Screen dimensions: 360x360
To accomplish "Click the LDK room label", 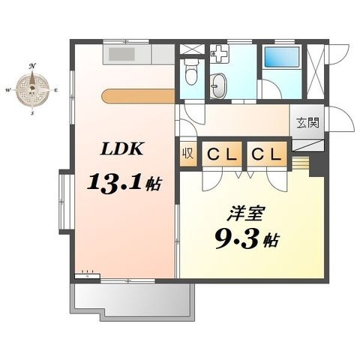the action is click(121, 149).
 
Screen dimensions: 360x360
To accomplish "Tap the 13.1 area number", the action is click(115, 184).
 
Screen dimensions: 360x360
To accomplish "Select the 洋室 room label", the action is click(245, 214).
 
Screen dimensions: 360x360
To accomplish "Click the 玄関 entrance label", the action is click(308, 123).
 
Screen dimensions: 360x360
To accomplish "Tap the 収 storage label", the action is click(188, 154).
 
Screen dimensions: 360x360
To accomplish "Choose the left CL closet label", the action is click(222, 154).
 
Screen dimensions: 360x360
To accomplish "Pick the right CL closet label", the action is click(266, 154).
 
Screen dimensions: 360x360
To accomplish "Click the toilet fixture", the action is click(192, 72).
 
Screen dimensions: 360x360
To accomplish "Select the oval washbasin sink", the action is click(219, 85).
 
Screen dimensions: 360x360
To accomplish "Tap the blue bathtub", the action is click(282, 57).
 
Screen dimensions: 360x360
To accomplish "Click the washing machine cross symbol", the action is click(219, 53).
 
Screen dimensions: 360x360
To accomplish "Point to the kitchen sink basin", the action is click(121, 54).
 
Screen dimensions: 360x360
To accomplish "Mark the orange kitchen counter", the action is click(138, 96).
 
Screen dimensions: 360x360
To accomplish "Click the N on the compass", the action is click(32, 66).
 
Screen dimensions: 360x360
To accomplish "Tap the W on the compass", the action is click(8, 90).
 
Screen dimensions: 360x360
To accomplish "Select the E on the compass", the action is click(55, 90).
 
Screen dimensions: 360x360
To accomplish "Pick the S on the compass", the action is click(32, 113).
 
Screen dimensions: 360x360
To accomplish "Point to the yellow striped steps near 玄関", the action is click(301, 163).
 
